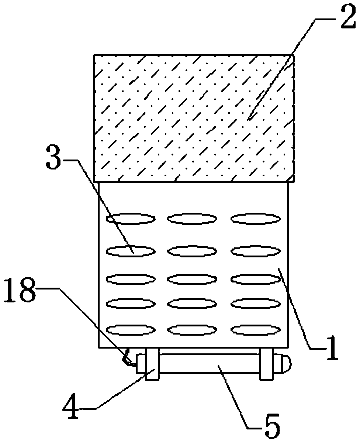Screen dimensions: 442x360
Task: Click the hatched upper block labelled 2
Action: coord(194,119)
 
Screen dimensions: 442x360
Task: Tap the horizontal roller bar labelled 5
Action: coord(209,364)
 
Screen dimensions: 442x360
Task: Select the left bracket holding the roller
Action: coord(152,364)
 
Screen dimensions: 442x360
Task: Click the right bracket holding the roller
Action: coord(266,364)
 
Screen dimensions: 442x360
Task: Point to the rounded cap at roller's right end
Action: coord(285,364)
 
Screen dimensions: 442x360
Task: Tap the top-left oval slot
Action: coord(131,219)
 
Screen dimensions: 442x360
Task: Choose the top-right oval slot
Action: coord(255,219)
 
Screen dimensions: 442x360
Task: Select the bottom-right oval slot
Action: coord(255,329)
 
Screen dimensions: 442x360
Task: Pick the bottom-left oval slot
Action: coord(131,329)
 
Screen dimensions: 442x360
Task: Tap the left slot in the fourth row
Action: coord(131,304)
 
